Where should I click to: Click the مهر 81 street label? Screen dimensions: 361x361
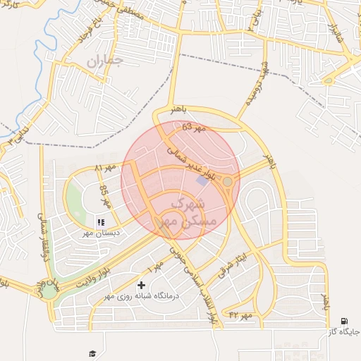[104, 169]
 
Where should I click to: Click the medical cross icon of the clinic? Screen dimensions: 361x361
[142, 286]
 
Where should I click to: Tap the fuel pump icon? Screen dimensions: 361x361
[343, 321]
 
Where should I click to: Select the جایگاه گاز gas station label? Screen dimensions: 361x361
[343, 331]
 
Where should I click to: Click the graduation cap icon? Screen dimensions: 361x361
[92, 353]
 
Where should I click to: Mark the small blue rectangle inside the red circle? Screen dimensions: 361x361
[202, 181]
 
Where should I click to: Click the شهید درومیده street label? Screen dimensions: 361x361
[255, 90]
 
